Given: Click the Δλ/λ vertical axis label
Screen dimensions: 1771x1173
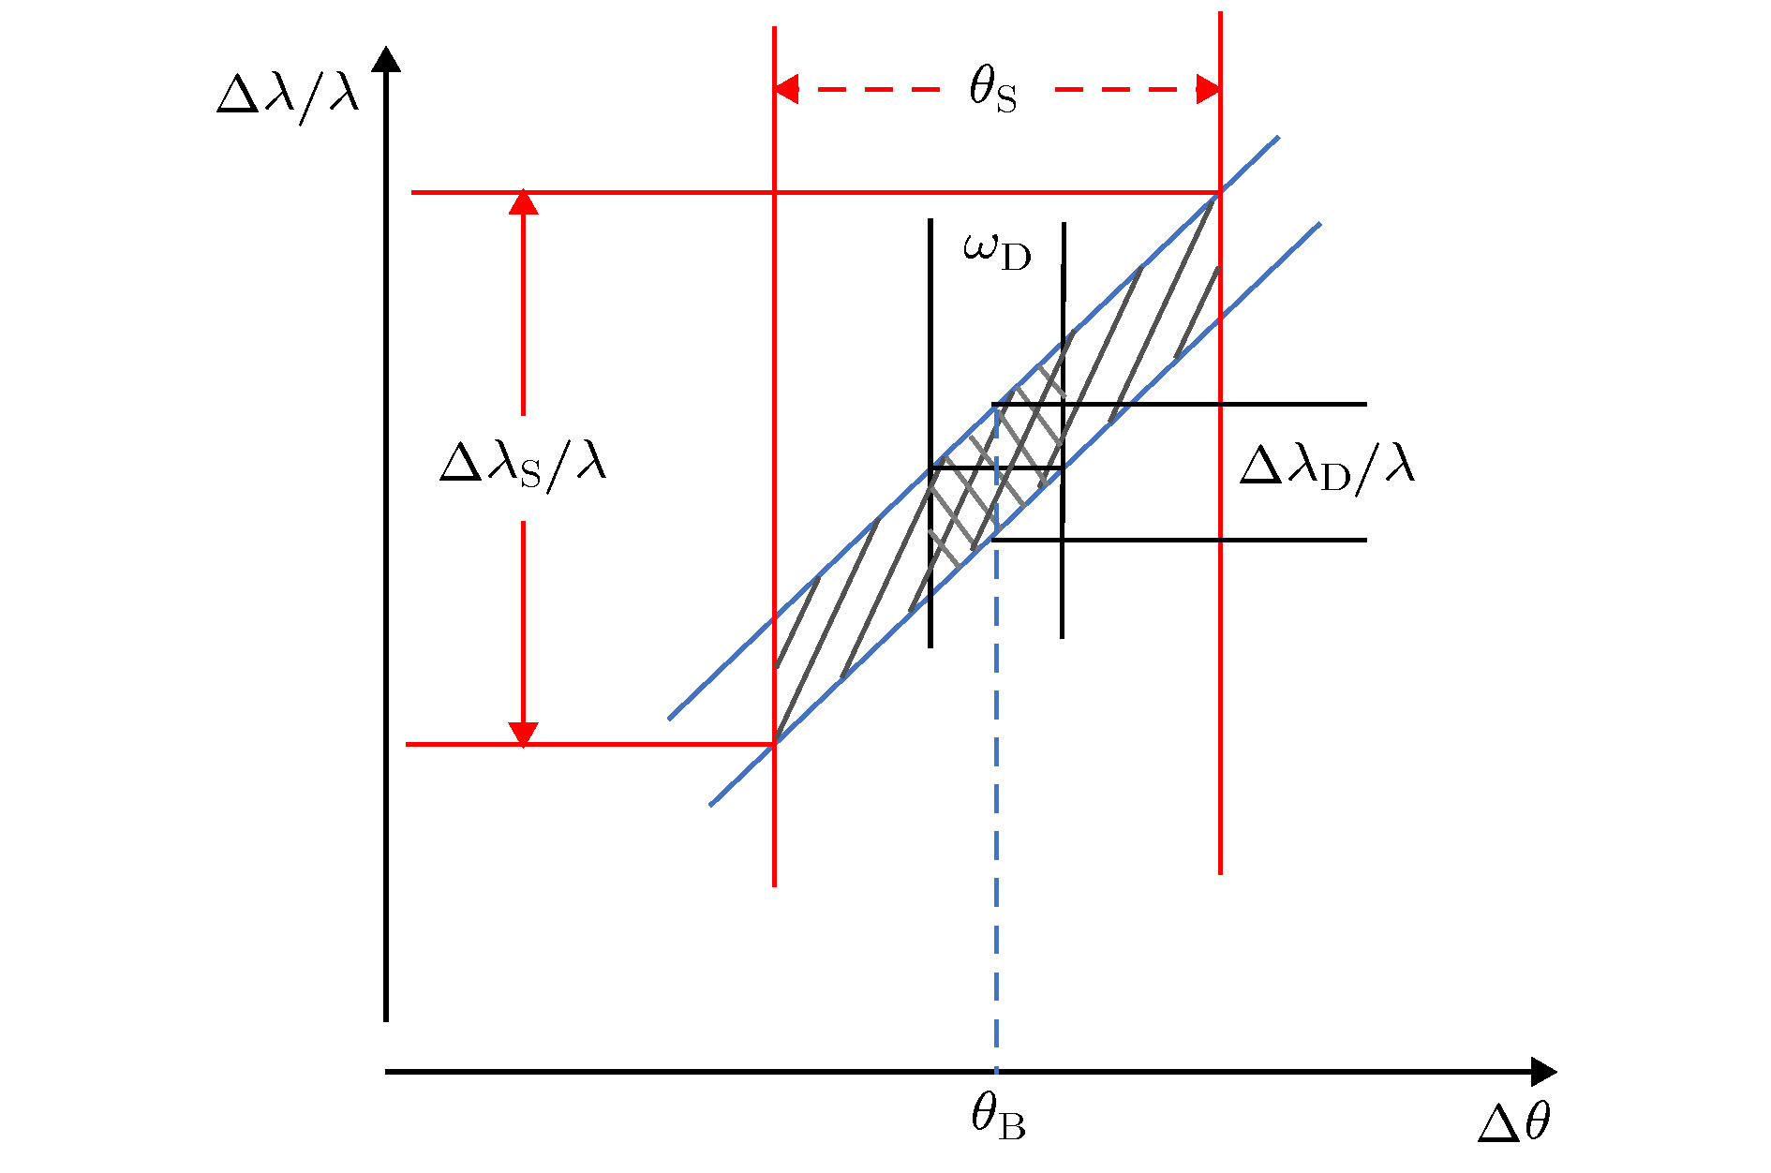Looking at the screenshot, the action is click(288, 97).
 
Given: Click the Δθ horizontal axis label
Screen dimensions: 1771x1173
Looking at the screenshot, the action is click(1514, 1121).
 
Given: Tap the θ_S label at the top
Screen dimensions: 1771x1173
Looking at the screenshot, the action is click(992, 90).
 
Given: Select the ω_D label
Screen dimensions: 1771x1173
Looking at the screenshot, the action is click(997, 251).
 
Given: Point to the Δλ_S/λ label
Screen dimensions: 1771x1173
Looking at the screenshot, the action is click(523, 463).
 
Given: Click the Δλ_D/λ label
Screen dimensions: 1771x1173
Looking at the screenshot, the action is click(1327, 465).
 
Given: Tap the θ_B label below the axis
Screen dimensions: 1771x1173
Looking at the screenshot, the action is click(998, 1117).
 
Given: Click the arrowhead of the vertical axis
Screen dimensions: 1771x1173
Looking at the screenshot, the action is click(386, 58).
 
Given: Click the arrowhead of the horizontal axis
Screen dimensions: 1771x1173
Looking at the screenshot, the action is click(1543, 1072).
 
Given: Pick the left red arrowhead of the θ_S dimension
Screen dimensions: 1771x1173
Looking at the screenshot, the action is click(786, 90).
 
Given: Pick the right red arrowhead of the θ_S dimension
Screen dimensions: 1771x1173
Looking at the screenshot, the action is click(1209, 90).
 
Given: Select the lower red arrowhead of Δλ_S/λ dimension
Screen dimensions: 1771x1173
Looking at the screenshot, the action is click(523, 735).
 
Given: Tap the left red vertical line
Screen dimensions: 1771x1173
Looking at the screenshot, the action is click(774, 456).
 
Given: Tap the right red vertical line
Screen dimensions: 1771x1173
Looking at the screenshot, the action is click(1220, 443).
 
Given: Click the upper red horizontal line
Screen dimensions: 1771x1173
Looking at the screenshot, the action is click(815, 193).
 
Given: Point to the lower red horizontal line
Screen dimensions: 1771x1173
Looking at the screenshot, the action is click(590, 744).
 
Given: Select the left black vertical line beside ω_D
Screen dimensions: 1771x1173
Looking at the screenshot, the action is click(930, 433).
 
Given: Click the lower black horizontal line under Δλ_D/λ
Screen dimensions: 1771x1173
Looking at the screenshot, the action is click(1179, 540).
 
